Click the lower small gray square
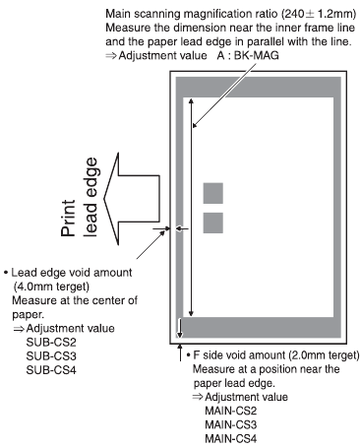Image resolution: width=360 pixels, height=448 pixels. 213,223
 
